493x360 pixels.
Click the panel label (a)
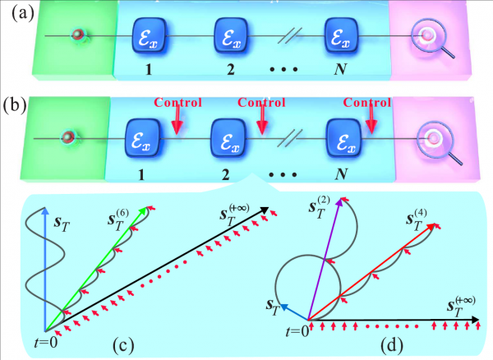pos(23,15)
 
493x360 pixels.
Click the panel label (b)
pos(15,105)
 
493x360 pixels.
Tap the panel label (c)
pos(123,345)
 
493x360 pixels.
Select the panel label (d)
pos(392,345)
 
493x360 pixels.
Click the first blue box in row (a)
pos(149,36)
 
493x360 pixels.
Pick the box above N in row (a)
pos(341,36)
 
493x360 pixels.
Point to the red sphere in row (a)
pos(78,35)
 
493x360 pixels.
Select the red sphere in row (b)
pos(68,137)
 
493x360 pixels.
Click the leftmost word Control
pos(177,103)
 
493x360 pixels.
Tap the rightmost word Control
pos(367,103)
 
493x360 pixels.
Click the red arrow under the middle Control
pos(261,120)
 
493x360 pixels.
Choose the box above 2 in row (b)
pos(228,138)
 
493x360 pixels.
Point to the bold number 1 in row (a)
pos(149,70)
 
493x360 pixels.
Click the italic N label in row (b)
pos(341,174)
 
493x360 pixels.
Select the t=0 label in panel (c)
pos(46,343)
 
